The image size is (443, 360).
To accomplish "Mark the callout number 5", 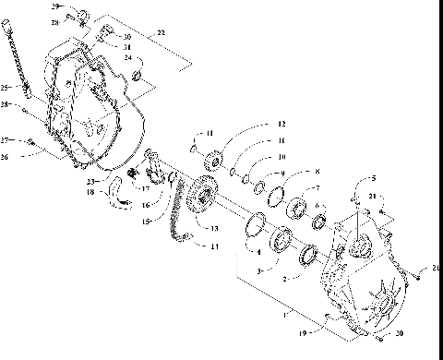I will pos(373,177).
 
